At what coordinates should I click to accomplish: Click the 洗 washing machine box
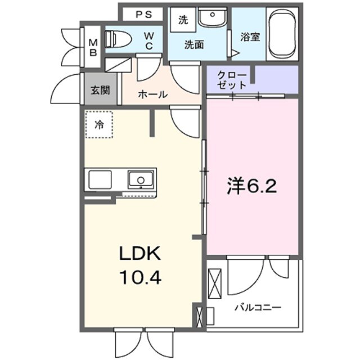point(183,20)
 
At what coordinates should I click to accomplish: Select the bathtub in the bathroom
point(284,34)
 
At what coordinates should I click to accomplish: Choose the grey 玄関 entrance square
point(101,90)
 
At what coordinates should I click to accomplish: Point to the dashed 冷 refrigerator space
point(99,124)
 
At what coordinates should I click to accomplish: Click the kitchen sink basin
point(139,180)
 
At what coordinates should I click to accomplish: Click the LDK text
point(139,254)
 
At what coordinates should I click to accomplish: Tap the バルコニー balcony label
point(258,308)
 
